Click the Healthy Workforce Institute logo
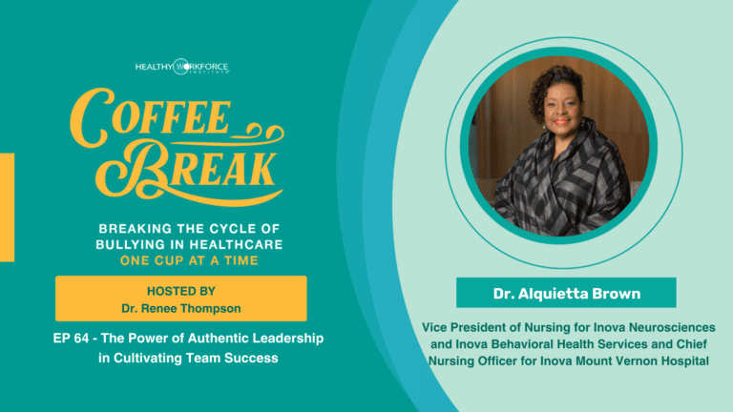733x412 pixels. pos(182,67)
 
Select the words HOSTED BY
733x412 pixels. pos(181,291)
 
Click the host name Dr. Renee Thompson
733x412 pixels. pos(181,308)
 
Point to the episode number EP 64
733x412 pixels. pos(71,338)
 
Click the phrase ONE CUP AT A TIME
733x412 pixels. pos(189,260)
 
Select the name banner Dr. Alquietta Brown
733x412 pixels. pos(566,293)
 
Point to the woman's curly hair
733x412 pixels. pos(556,87)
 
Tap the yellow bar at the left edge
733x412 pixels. pos(7,207)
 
